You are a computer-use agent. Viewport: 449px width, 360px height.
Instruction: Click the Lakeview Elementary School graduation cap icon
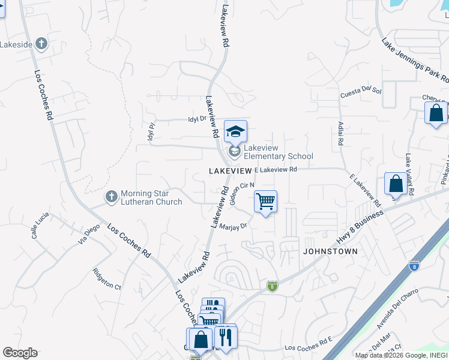pyautogui.click(x=236, y=131)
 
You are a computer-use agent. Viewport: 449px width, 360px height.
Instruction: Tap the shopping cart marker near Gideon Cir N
pyautogui.click(x=265, y=202)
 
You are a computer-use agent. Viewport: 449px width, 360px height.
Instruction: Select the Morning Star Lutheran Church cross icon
pyautogui.click(x=111, y=197)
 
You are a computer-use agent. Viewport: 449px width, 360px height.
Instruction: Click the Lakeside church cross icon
pyautogui.click(x=41, y=44)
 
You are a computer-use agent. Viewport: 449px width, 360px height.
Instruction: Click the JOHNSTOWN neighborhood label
pyautogui.click(x=330, y=251)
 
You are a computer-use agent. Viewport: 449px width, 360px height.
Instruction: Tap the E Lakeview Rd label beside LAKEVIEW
pyautogui.click(x=276, y=170)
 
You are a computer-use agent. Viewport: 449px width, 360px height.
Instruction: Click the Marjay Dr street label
pyautogui.click(x=234, y=226)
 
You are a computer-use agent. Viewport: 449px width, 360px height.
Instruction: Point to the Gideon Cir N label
pyautogui.click(x=243, y=194)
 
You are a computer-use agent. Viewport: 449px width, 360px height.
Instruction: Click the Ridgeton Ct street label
pyautogui.click(x=107, y=279)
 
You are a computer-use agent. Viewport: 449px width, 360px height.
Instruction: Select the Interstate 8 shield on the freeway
pyautogui.click(x=414, y=265)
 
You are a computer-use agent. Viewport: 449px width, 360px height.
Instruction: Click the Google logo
pyautogui.click(x=20, y=353)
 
